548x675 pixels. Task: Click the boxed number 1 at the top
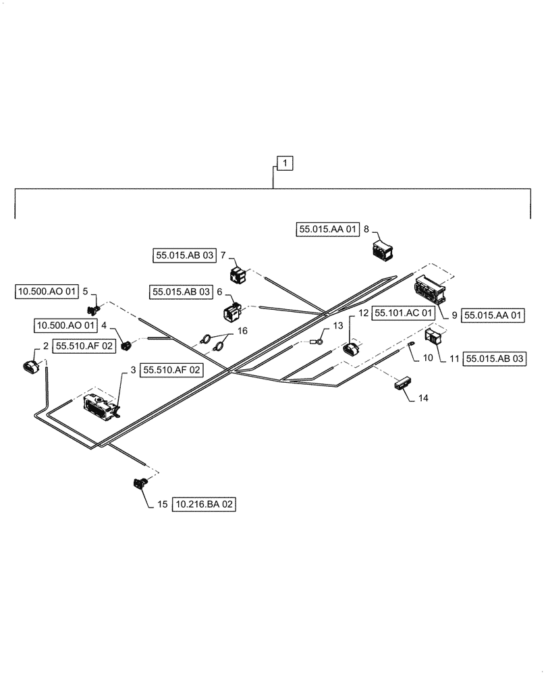click(285, 163)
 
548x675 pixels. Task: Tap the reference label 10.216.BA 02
click(206, 504)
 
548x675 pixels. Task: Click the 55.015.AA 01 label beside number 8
click(327, 230)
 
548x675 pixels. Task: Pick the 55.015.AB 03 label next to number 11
click(495, 358)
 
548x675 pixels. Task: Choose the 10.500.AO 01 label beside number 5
click(45, 292)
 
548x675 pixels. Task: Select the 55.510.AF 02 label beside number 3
click(171, 370)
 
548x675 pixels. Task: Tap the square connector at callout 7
click(238, 275)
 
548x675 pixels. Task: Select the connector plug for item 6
click(230, 312)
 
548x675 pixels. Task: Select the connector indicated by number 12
click(353, 350)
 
